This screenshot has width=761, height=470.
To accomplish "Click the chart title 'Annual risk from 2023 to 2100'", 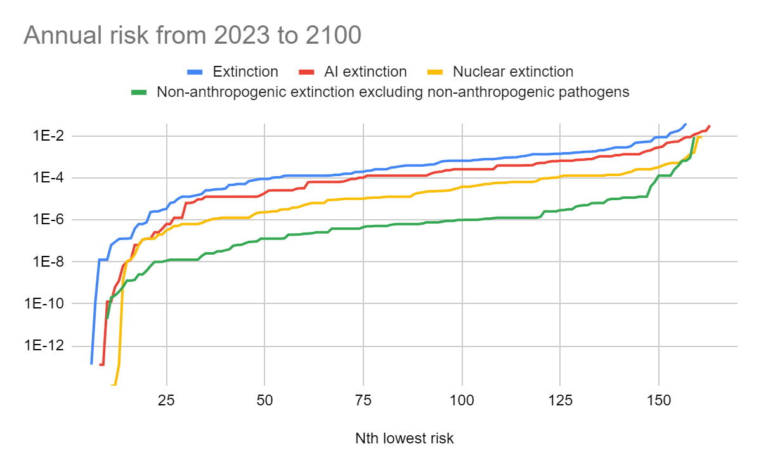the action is (x=192, y=35).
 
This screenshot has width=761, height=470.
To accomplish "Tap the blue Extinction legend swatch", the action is (x=195, y=72).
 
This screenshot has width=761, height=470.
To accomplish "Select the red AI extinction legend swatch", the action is (x=306, y=72).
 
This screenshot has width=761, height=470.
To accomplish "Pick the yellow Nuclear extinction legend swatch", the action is (x=435, y=72).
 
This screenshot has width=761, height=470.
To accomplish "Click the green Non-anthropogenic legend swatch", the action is (x=139, y=92).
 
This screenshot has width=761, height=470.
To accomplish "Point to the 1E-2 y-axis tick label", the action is (x=48, y=136).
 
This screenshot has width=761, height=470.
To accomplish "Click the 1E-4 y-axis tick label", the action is (x=48, y=177).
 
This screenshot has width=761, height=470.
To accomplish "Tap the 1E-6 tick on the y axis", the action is (x=48, y=220).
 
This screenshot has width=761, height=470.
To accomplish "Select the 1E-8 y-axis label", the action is (x=48, y=262).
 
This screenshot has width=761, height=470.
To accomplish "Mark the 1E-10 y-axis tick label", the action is (x=44, y=303).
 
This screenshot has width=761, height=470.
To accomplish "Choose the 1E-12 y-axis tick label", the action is (x=44, y=345).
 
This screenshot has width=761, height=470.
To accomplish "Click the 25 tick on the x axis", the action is (x=166, y=401).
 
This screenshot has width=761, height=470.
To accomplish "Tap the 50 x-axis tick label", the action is (x=264, y=401).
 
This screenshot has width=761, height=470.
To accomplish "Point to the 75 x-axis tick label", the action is (x=363, y=401).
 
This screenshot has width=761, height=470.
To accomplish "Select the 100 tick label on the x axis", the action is (x=462, y=401).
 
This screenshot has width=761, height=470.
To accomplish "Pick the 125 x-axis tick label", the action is (x=560, y=401).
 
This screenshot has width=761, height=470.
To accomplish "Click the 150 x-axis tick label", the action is (x=659, y=401).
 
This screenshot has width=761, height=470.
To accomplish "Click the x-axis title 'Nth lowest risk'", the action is (x=405, y=438).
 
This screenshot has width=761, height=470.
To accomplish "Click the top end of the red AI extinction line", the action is (x=710, y=126).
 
